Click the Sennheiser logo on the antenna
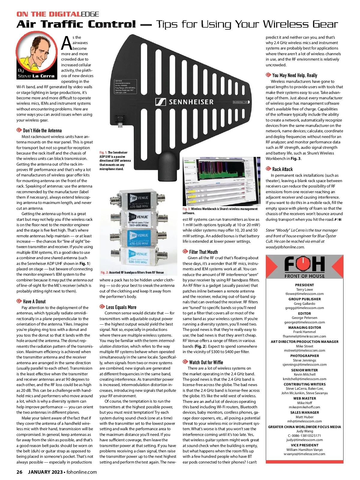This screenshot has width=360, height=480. coord(184,102)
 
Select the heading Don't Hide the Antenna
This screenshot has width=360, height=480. coord(42,130)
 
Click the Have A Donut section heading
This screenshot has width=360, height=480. coord(34,301)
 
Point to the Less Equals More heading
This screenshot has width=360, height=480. coord(121,307)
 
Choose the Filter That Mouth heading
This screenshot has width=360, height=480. coord(203,252)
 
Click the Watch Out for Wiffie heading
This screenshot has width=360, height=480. coord(206,362)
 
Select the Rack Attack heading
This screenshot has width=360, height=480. coord(282,169)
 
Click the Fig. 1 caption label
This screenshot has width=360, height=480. coord(103,153)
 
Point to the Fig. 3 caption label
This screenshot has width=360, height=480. coord(186,209)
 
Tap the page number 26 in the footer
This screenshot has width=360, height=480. coord(19,472)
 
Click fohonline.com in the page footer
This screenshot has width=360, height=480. coord(82,472)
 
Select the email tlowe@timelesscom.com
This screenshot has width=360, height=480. coord(304,294)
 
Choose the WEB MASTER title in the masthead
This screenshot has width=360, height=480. coord(304,398)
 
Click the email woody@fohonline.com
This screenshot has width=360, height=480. coord(285,247)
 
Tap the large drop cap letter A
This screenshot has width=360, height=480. coord(66,43)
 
